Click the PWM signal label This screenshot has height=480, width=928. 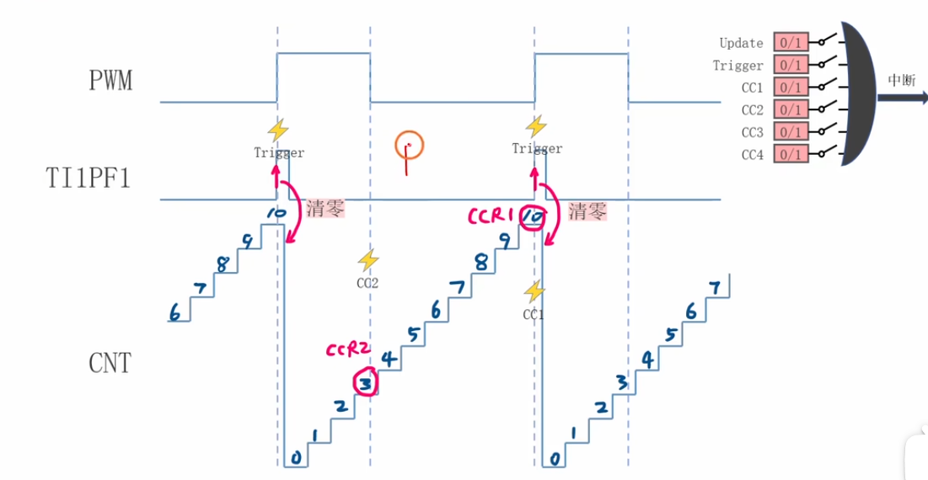tap(110, 81)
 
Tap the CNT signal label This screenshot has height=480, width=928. tap(110, 363)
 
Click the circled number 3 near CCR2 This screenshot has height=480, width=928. tap(366, 384)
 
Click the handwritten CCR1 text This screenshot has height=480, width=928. tap(491, 216)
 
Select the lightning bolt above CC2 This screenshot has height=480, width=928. tap(367, 260)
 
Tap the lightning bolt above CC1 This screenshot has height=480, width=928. tap(533, 291)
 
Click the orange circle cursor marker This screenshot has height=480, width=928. tap(409, 145)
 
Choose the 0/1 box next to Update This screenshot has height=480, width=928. tap(791, 43)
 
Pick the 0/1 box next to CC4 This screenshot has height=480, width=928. tap(791, 154)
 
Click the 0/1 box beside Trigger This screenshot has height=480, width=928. tap(791, 65)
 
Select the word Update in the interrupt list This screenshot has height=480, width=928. tap(741, 43)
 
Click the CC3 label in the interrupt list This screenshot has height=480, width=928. tap(752, 132)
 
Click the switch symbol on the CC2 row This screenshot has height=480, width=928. tap(825, 109)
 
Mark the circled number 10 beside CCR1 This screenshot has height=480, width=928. tap(532, 217)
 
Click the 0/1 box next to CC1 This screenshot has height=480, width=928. tap(791, 88)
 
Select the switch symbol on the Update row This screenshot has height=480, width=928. tap(825, 41)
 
